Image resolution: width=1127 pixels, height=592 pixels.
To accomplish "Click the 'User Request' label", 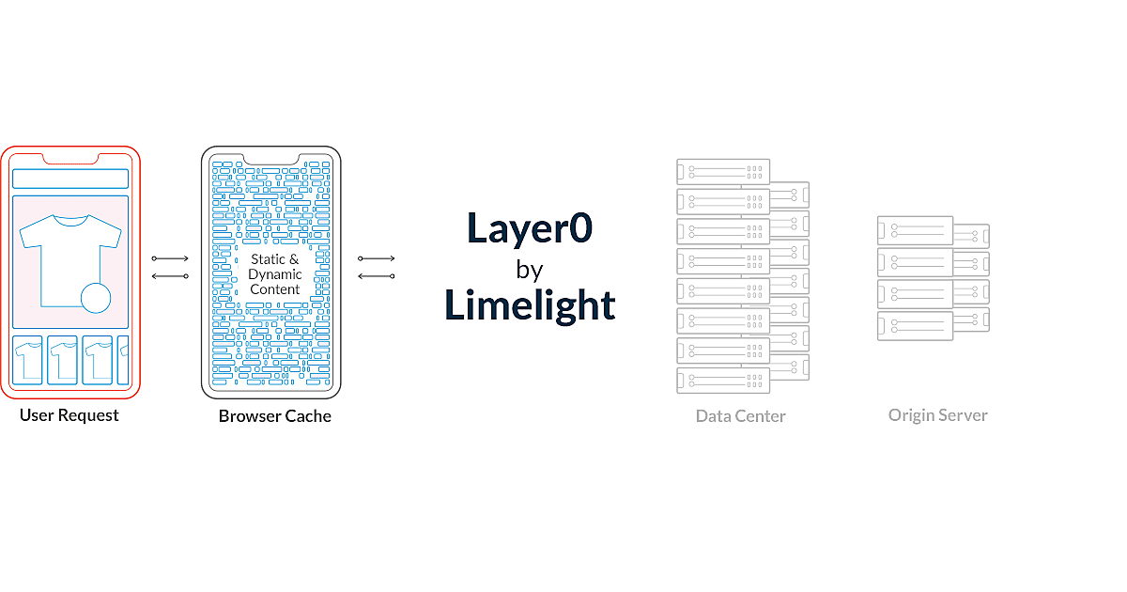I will (x=69, y=415).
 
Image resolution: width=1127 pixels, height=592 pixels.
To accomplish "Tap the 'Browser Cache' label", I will (x=275, y=415).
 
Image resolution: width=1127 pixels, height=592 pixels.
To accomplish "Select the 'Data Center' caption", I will (x=740, y=415).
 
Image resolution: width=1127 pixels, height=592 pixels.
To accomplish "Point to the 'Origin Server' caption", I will (x=937, y=414).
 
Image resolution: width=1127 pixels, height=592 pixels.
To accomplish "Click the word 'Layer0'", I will (x=530, y=230).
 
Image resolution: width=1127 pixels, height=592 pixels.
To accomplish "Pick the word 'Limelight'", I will (x=530, y=305).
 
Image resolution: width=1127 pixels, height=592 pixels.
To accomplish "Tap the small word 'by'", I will (x=530, y=270).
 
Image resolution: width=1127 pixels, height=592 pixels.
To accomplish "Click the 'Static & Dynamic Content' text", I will (x=275, y=273).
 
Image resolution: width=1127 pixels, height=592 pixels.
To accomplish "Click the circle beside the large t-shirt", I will (x=96, y=299).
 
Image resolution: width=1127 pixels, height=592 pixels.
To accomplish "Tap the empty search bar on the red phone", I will (x=69, y=179).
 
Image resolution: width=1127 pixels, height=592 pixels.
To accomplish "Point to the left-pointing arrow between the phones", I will (x=170, y=276).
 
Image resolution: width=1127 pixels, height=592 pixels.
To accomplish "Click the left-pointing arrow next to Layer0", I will (x=377, y=276).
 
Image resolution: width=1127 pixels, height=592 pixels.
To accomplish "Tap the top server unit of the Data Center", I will (x=722, y=171).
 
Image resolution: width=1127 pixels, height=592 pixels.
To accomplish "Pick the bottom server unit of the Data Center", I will (x=722, y=381).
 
